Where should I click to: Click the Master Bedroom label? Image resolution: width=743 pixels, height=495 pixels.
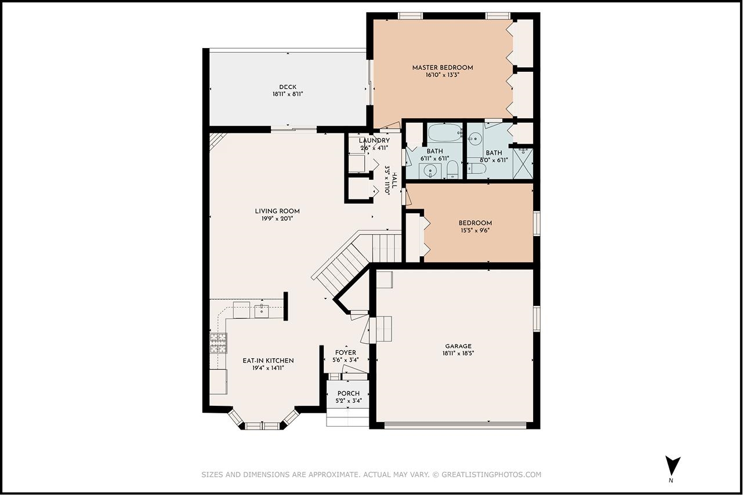pos(443,68)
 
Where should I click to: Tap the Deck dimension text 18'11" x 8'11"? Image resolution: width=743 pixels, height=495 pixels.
pos(288,94)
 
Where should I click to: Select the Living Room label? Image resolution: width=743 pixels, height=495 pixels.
pos(277,211)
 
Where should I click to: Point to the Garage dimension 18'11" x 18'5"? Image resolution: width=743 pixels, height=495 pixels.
pos(458,354)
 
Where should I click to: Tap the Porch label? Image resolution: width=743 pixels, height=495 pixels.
pos(348,394)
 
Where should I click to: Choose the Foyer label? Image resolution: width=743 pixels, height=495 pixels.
pos(346,353)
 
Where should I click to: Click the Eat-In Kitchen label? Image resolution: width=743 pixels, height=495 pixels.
pos(268,361)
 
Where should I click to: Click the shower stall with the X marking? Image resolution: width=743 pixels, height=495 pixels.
pos(523,163)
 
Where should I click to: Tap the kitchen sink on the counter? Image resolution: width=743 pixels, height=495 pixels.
pos(262,311)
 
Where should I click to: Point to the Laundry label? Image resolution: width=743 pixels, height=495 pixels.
pos(374,141)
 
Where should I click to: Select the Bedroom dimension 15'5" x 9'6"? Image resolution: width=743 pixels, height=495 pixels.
pos(475,231)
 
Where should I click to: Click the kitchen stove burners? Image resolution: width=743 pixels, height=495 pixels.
pos(218,343)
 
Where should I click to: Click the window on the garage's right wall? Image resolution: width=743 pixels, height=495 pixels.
pos(537,319)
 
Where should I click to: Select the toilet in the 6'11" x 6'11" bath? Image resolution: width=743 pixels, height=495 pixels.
pos(452,170)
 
